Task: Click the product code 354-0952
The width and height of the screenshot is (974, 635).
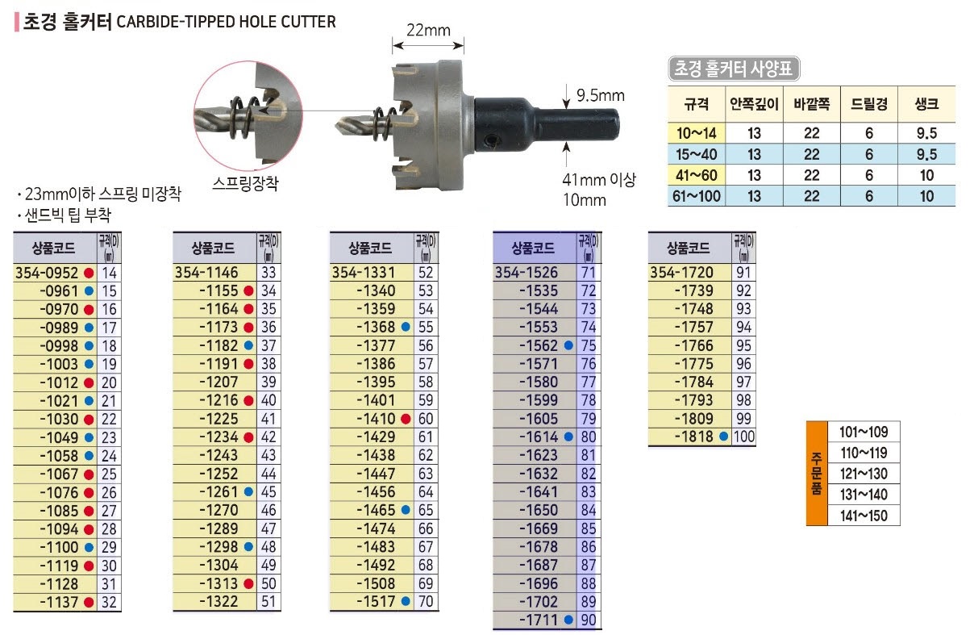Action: coord(47,273)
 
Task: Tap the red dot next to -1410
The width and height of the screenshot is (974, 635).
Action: coord(406,419)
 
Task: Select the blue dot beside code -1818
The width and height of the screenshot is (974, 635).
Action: coord(723,437)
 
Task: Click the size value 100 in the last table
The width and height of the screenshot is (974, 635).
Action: coord(744,437)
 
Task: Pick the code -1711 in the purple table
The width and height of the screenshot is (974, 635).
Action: coord(539,620)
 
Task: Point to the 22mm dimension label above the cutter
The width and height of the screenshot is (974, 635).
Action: coord(428,30)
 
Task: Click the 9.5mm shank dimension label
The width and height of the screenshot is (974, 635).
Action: coord(601,95)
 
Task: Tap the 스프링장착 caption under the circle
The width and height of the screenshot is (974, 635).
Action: coord(245,183)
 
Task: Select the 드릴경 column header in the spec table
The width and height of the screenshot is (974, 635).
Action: coord(868,104)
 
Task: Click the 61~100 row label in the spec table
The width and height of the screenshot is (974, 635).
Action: coord(696,196)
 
